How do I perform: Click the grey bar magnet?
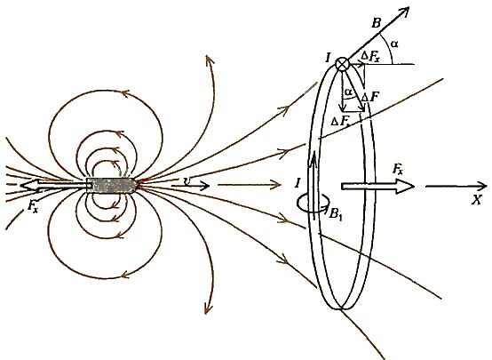pos(111,186)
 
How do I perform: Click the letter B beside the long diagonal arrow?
pos(376,23)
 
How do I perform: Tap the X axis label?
pos(477,199)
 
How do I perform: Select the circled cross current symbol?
pos(342,64)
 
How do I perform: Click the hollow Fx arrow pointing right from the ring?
pos(377,187)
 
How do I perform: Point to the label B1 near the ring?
pos(335,214)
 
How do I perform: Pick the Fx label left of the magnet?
pos(32,207)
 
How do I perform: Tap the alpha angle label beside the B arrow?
pos(393,44)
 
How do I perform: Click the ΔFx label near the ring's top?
pos(370,57)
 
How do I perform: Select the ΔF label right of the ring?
pos(369,97)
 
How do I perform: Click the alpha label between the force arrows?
pos(348,92)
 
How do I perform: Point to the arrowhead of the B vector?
pos(405,11)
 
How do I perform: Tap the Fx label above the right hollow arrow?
pos(398,170)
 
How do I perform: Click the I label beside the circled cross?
pos(328,58)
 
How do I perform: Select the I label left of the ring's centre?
pos(298,182)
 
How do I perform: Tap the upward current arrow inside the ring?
pos(313,183)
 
